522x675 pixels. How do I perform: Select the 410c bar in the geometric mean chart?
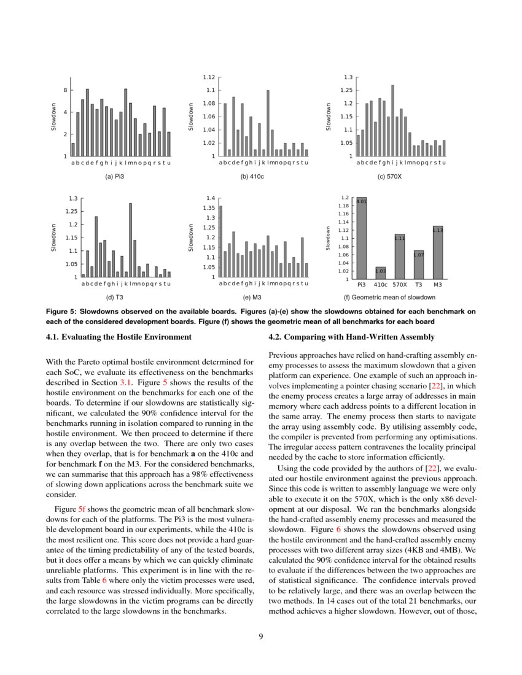point(381,273)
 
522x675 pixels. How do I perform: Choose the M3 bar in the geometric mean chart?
point(438,252)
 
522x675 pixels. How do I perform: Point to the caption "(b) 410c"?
point(253,176)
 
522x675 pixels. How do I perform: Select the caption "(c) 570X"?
point(390,176)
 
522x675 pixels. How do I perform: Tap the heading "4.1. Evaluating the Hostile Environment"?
point(119,336)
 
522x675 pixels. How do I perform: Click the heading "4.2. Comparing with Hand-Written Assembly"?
point(352,336)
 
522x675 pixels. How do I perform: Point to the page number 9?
point(261,636)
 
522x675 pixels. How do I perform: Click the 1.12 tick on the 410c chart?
point(209,77)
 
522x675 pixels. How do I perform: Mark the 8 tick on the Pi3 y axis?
point(65,90)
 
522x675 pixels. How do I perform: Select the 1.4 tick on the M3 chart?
point(211,198)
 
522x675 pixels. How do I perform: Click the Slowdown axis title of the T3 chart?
point(53,237)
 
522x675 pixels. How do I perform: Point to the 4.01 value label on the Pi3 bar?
point(361,201)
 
